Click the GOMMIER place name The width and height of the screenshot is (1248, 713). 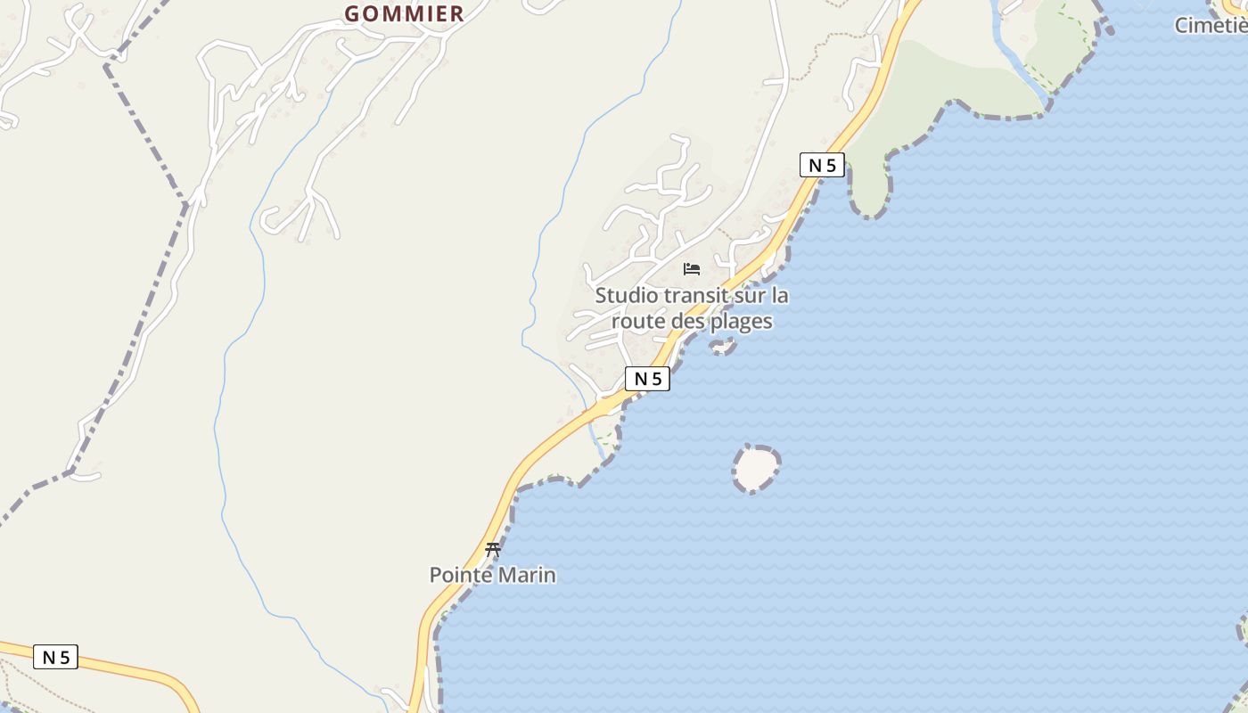click(x=404, y=13)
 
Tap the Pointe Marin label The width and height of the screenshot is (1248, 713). click(x=492, y=575)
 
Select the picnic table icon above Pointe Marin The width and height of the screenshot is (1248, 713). click(x=493, y=550)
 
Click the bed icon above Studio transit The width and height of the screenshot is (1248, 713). click(x=692, y=268)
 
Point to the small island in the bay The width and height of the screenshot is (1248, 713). click(x=755, y=468)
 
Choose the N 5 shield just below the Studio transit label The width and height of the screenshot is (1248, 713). click(x=647, y=379)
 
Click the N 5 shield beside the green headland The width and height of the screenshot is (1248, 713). click(x=822, y=165)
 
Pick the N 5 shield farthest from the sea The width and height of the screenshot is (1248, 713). click(x=55, y=657)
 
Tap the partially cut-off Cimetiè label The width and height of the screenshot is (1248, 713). click(x=1211, y=25)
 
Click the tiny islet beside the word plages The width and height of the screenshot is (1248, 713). click(x=722, y=346)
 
